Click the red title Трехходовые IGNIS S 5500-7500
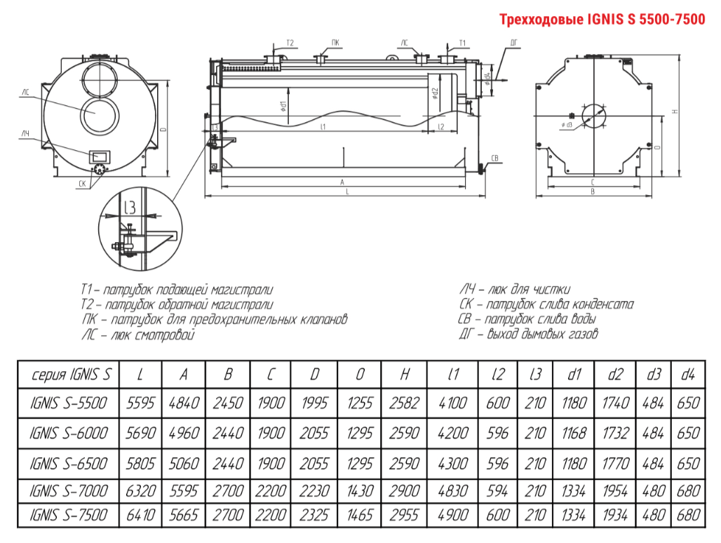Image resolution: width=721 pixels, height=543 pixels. pos(602,20)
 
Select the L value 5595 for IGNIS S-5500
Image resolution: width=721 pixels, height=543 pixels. pos(140,403)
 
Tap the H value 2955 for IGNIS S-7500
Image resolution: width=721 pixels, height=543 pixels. pos(404,515)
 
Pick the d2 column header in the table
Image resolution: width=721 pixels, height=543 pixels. pos(615,375)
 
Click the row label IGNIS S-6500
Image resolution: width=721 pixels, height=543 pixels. pos(68,464)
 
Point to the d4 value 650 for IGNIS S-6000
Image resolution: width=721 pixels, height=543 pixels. pos(688,433)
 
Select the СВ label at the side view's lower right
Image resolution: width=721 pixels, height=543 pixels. pos(495,157)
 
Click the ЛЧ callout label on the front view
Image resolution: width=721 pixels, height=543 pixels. pos(25,133)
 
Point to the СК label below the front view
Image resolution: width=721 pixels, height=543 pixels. pos(82,184)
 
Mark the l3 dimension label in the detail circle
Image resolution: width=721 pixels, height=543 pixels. pos(131,208)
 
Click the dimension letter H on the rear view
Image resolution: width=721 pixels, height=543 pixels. pos(674,111)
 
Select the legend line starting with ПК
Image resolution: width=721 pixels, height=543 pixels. pos(214,320)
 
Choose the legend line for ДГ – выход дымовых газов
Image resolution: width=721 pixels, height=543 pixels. pos(528,335)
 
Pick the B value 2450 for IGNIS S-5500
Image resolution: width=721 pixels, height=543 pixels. pos(228,403)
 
